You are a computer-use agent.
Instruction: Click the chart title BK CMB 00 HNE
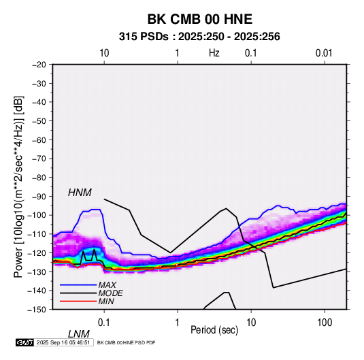[200, 19]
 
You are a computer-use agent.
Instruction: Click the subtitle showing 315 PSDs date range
[199, 37]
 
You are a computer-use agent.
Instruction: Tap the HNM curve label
[80, 193]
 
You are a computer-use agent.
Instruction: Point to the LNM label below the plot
[78, 334]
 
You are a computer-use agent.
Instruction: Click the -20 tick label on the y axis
[39, 65]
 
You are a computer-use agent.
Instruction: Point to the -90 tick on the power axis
[39, 197]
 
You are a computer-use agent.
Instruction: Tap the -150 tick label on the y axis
[37, 310]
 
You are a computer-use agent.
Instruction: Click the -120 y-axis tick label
[37, 252]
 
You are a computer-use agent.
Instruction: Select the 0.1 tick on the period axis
[104, 323]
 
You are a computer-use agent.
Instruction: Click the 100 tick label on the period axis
[325, 323]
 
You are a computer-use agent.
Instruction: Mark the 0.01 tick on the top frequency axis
[324, 53]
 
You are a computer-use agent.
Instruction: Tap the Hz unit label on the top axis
[214, 53]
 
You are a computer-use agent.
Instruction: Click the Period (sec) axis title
[214, 330]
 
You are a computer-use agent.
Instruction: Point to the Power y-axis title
[18, 186]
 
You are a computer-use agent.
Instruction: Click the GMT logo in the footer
[25, 342]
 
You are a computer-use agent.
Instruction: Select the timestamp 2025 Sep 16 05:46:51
[63, 342]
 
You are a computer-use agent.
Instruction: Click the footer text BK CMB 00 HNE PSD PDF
[126, 342]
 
